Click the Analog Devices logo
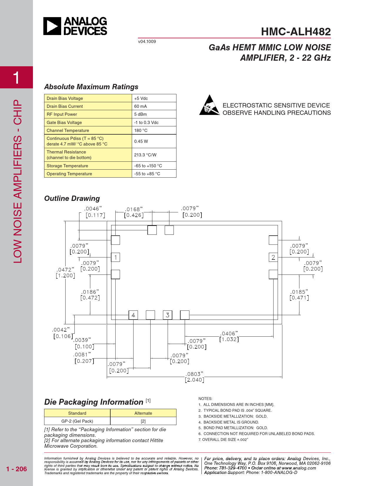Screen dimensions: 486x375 click(x=75, y=26)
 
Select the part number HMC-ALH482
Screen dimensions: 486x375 click(x=296, y=32)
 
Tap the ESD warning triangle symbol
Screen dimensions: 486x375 click(x=209, y=105)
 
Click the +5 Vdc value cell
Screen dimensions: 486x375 click(x=141, y=98)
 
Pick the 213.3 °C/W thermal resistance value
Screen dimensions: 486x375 click(x=145, y=155)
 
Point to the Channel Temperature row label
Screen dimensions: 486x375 click(x=68, y=130)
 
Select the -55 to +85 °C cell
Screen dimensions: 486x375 click(x=147, y=174)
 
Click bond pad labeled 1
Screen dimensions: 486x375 click(x=116, y=257)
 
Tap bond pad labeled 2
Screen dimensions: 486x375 click(x=273, y=257)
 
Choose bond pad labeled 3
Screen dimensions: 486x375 click(x=168, y=315)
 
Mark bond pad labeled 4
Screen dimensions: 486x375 click(x=133, y=315)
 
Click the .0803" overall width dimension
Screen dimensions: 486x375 click(x=194, y=377)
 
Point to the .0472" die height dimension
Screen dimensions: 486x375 click(x=65, y=272)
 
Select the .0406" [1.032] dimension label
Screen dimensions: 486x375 click(x=229, y=336)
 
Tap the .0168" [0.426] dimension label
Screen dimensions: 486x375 click(x=134, y=212)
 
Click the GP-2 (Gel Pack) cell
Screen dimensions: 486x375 click(x=77, y=421)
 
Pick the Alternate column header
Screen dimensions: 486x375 click(x=143, y=413)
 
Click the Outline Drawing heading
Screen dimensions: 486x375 click(x=72, y=199)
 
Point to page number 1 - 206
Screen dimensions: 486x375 click(x=16, y=469)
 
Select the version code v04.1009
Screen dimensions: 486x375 click(x=147, y=42)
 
